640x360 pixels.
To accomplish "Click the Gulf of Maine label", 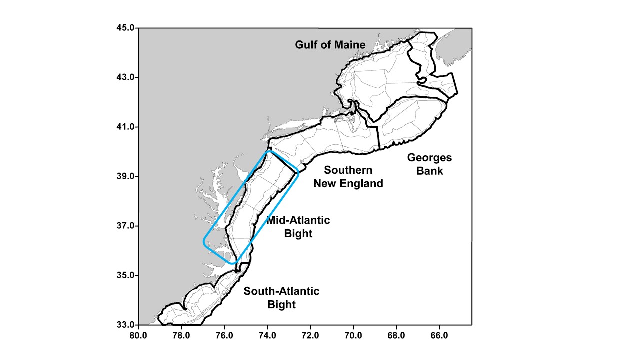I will coord(330,45).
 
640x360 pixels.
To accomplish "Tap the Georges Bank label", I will coord(429,164).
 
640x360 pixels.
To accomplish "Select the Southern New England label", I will coord(348,177).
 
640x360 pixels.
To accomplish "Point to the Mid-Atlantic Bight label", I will coord(298,226).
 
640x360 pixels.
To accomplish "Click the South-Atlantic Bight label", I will coord(281,298).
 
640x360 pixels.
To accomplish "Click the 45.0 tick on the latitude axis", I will coord(124,28).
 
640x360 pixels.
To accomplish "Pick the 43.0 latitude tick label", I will coord(124,78).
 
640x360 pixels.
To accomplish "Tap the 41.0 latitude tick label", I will coord(124,127).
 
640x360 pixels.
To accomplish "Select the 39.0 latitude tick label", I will coord(124,177).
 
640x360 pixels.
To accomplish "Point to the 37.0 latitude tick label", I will coord(124,226).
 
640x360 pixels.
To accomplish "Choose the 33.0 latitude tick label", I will coord(124,325).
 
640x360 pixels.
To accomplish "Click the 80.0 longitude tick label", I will coord(138,335).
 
